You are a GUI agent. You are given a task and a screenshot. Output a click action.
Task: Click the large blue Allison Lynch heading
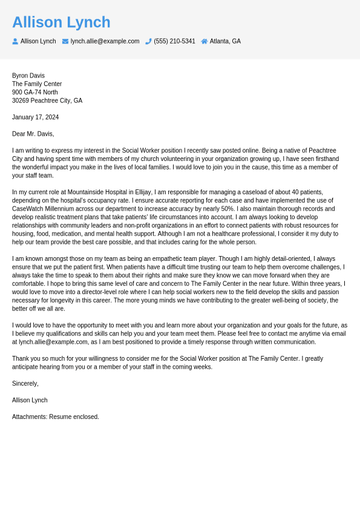coord(61,22)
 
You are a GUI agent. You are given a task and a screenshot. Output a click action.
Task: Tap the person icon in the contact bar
coord(15,41)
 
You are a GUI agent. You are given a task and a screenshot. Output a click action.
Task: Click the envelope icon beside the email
coord(65,41)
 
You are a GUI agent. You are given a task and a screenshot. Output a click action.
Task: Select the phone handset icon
coord(148,41)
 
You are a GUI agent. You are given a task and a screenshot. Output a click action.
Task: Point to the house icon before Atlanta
coord(205,41)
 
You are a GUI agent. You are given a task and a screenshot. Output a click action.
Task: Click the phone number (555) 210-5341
coord(174,41)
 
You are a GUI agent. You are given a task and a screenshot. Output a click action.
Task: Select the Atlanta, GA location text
coord(225,41)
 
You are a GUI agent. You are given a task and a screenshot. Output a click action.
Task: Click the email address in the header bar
coord(105,41)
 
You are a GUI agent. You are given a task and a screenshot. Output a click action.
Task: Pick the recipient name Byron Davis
coord(28,76)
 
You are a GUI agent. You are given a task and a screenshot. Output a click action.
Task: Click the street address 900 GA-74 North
coord(35,92)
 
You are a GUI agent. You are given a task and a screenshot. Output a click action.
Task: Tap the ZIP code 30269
coord(21,100)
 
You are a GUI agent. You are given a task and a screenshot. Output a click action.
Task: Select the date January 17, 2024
coord(35,117)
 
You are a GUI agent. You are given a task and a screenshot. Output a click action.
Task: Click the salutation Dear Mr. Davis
coord(33,134)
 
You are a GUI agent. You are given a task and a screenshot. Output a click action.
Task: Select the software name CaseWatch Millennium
coord(44,209)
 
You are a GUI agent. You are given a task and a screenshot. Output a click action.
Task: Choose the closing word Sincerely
coord(25,383)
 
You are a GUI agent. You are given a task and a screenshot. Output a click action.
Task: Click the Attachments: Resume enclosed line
coord(56,416)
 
